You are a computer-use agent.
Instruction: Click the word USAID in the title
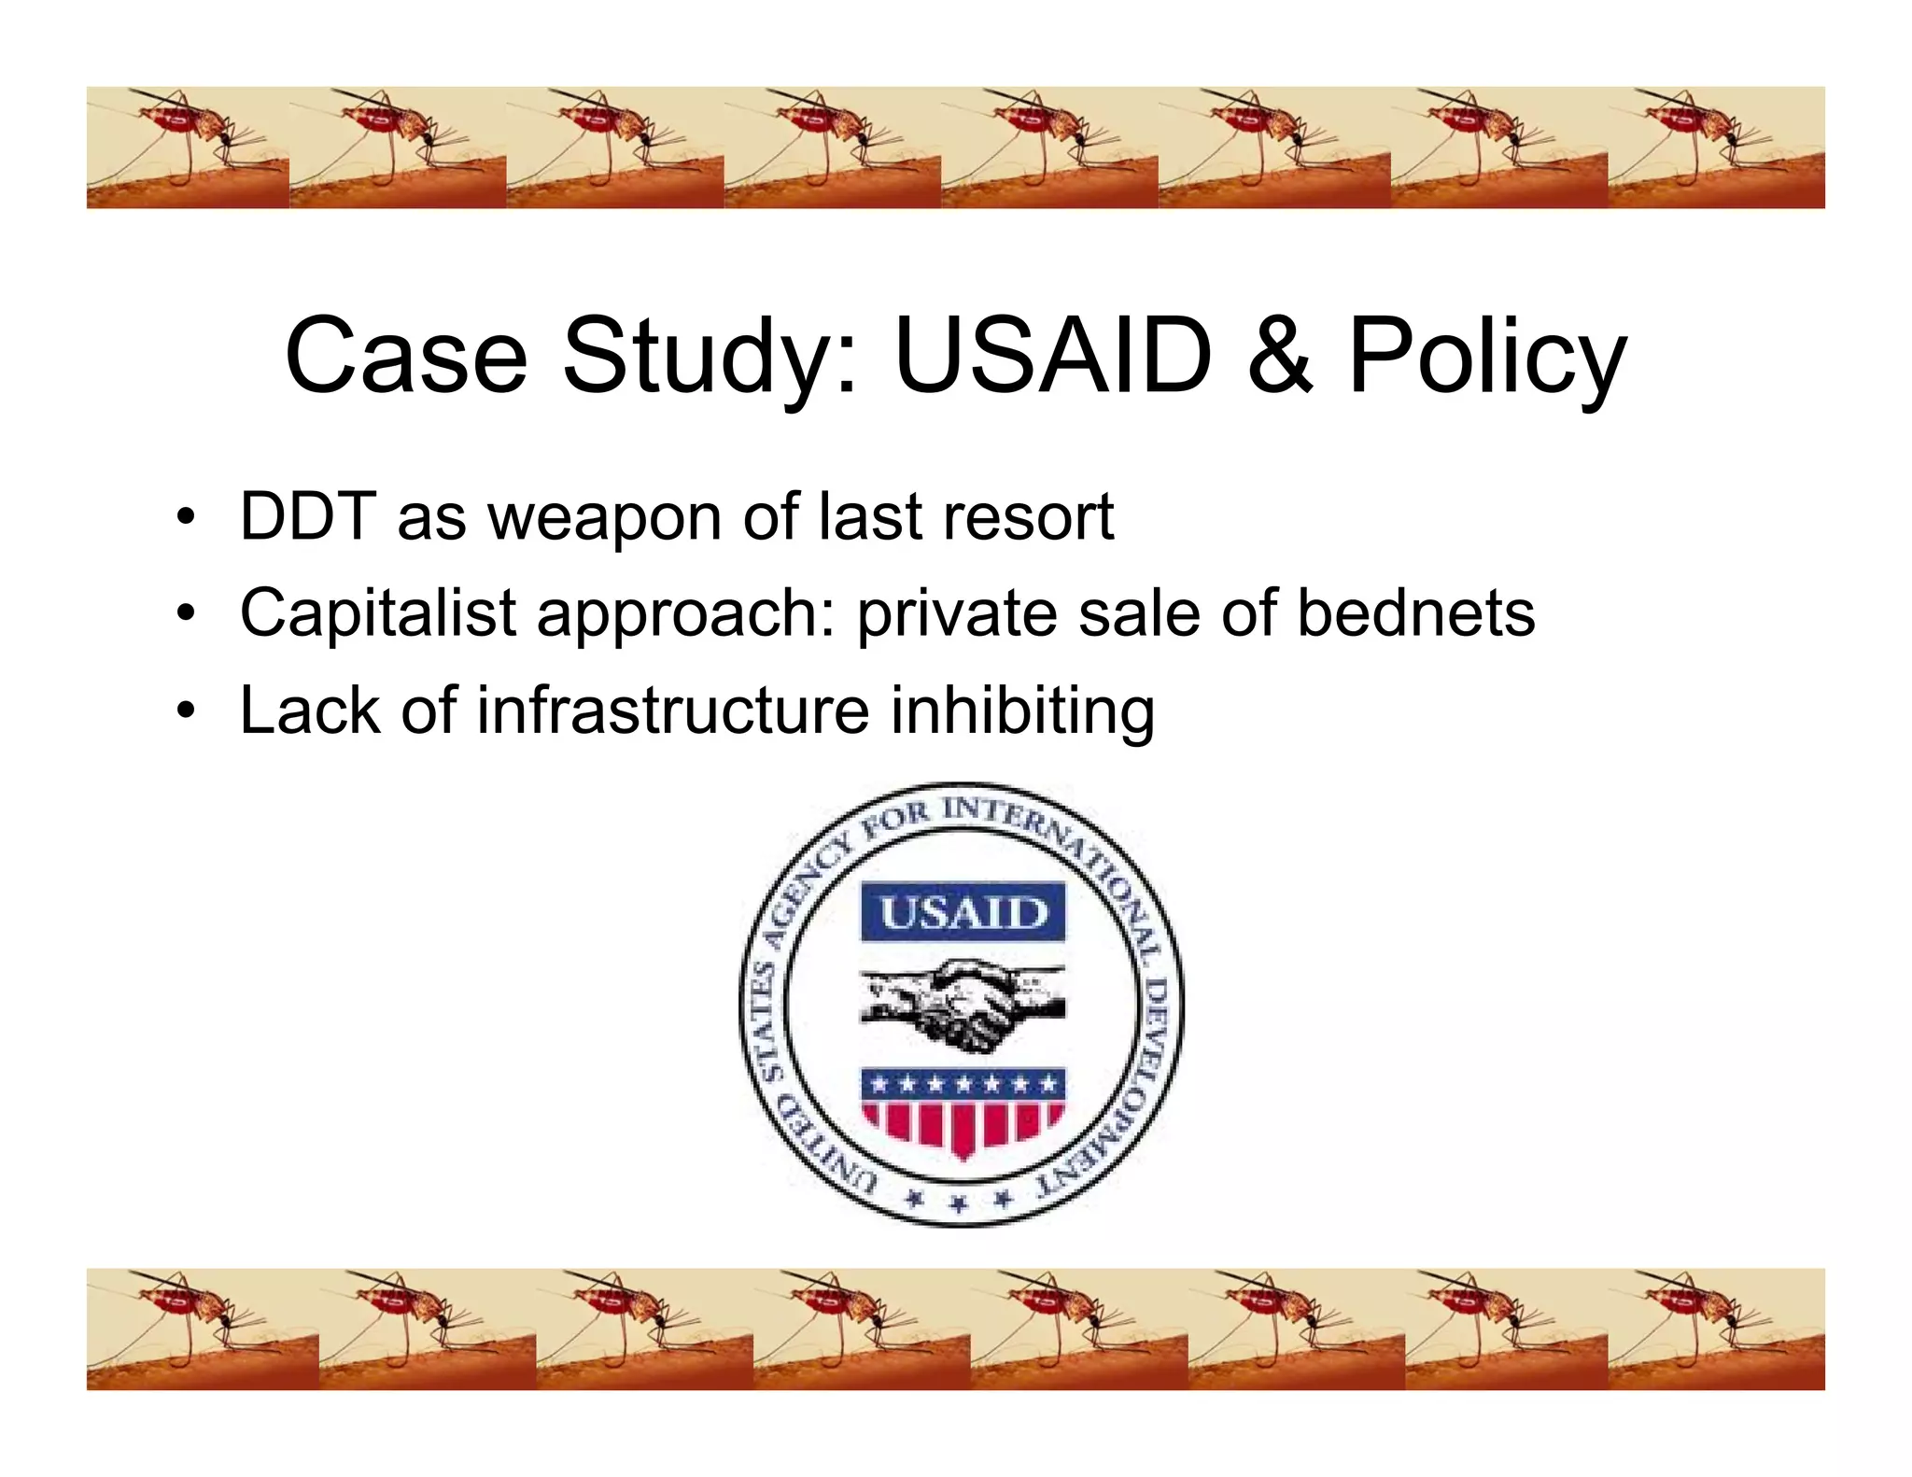coord(1052,356)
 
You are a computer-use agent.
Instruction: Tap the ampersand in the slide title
coord(1280,356)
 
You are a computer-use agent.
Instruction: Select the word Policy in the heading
coord(1487,359)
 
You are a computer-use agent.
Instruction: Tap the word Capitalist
coord(378,613)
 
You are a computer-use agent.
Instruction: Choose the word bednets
coord(1415,613)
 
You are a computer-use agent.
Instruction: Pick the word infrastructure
coord(673,710)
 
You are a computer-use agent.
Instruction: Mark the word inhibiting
coord(1022,712)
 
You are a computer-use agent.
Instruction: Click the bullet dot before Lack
coord(187,711)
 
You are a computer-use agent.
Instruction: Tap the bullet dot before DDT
coord(187,516)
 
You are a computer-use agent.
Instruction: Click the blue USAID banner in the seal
coord(963,911)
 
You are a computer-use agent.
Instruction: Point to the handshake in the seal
coord(963,1004)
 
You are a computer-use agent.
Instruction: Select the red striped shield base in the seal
coord(963,1125)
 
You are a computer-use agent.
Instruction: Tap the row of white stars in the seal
coord(963,1084)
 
